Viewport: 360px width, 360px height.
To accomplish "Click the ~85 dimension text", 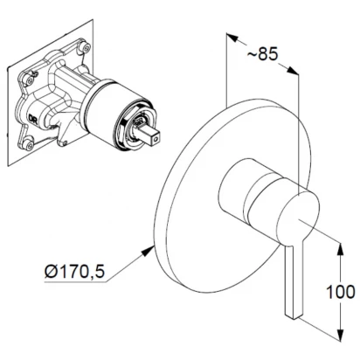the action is point(263,53).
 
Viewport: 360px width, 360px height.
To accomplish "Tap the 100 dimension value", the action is point(341,292).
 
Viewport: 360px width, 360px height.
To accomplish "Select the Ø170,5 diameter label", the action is point(74,272).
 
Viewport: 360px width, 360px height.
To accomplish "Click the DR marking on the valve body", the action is point(32,118).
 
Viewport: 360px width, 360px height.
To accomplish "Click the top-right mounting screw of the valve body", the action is point(86,46).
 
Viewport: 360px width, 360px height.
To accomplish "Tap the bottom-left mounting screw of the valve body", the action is point(29,144).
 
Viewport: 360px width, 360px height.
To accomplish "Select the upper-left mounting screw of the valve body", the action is point(29,80).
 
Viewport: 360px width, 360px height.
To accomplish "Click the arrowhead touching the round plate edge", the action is point(148,251).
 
